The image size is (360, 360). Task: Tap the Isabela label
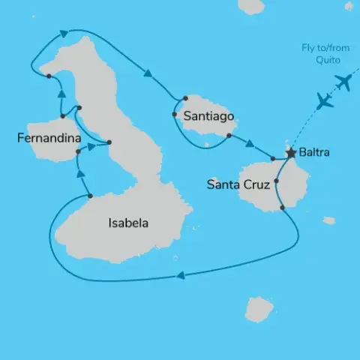pyautogui.click(x=128, y=223)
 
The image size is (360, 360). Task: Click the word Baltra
pyautogui.click(x=313, y=153)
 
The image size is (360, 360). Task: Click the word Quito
pyautogui.click(x=317, y=60)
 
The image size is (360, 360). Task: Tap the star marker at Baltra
pyautogui.click(x=290, y=153)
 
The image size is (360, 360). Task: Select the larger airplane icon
pyautogui.click(x=343, y=81)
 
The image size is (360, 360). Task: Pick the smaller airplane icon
pyautogui.click(x=325, y=100)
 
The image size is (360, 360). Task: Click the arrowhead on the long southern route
pyautogui.click(x=179, y=276)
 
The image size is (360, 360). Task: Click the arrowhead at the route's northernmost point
pyautogui.click(x=63, y=32)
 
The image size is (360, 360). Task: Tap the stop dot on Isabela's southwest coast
pyautogui.click(x=90, y=196)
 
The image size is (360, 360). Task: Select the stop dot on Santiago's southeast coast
pyautogui.click(x=228, y=136)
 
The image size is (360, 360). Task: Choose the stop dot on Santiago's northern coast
pyautogui.click(x=184, y=97)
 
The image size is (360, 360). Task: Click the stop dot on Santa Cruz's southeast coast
pyautogui.click(x=282, y=207)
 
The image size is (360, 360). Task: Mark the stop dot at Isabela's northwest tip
pyautogui.click(x=48, y=76)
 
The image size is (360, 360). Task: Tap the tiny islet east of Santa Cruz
pyautogui.click(x=328, y=220)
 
